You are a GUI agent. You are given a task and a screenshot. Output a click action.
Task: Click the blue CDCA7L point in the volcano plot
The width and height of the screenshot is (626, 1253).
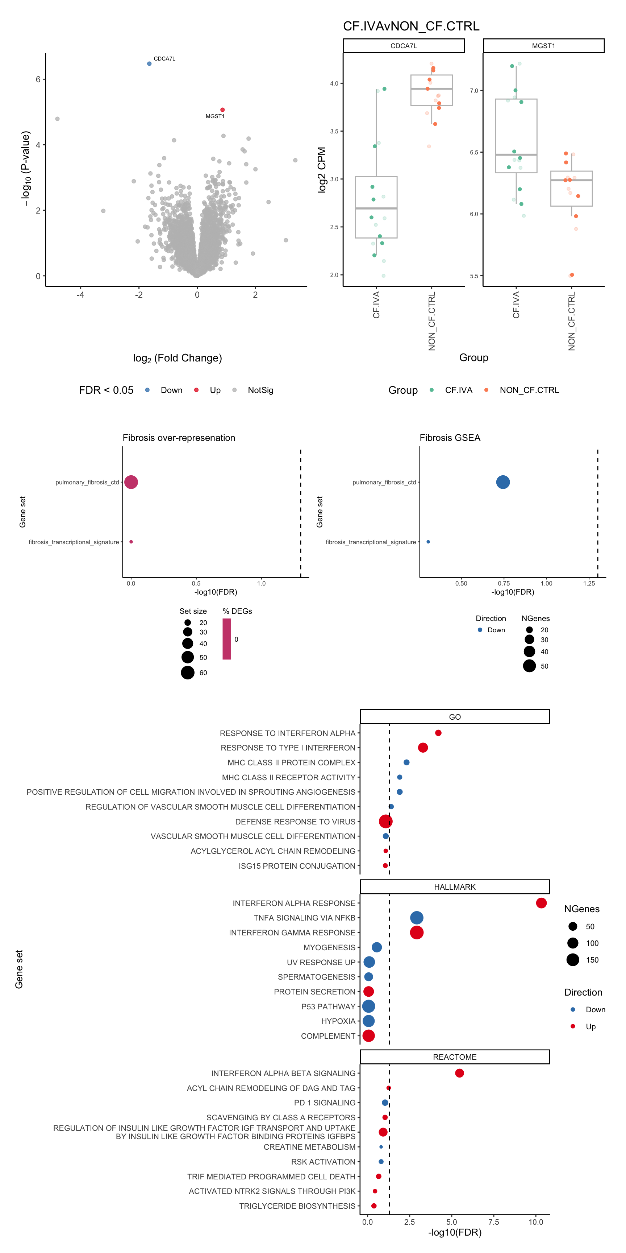[149, 64]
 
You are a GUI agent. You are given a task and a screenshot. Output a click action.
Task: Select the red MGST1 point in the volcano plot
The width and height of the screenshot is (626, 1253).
[222, 110]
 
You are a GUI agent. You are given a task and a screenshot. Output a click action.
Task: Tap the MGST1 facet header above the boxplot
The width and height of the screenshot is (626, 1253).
[543, 46]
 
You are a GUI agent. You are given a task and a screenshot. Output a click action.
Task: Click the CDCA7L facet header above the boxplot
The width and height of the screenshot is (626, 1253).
[404, 46]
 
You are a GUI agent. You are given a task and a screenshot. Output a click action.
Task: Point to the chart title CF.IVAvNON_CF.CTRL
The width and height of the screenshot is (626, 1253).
[411, 26]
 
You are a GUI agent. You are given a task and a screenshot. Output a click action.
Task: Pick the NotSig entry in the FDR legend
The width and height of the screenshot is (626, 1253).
[260, 390]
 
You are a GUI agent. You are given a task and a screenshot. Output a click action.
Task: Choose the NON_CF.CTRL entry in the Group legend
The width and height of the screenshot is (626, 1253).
[529, 390]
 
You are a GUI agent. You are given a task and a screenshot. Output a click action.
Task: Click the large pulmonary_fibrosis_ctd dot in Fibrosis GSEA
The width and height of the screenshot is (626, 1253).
[503, 482]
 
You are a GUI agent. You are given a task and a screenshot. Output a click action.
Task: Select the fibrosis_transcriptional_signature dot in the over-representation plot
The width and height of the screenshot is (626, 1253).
[131, 542]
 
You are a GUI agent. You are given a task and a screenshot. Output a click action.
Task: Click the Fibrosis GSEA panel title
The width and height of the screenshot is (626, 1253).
[450, 438]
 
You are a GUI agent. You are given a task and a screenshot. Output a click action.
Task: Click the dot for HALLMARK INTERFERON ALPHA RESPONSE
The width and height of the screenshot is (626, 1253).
[541, 903]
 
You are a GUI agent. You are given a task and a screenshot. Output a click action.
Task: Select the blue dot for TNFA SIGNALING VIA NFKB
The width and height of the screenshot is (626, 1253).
[417, 918]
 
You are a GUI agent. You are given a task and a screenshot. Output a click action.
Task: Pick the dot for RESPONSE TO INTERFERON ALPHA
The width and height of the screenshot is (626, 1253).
[438, 733]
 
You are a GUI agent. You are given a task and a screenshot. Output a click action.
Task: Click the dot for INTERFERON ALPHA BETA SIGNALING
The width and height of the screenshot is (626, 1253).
[459, 1073]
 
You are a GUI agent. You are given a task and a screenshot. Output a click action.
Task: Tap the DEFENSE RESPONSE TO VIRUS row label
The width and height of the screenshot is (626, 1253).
[295, 822]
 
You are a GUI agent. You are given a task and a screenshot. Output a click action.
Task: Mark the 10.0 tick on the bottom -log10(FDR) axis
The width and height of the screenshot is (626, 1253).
[535, 1222]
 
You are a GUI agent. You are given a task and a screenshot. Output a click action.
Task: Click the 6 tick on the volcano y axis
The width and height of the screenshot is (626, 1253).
[38, 79]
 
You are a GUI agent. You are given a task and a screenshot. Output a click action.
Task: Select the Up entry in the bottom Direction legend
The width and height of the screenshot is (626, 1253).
[590, 1026]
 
